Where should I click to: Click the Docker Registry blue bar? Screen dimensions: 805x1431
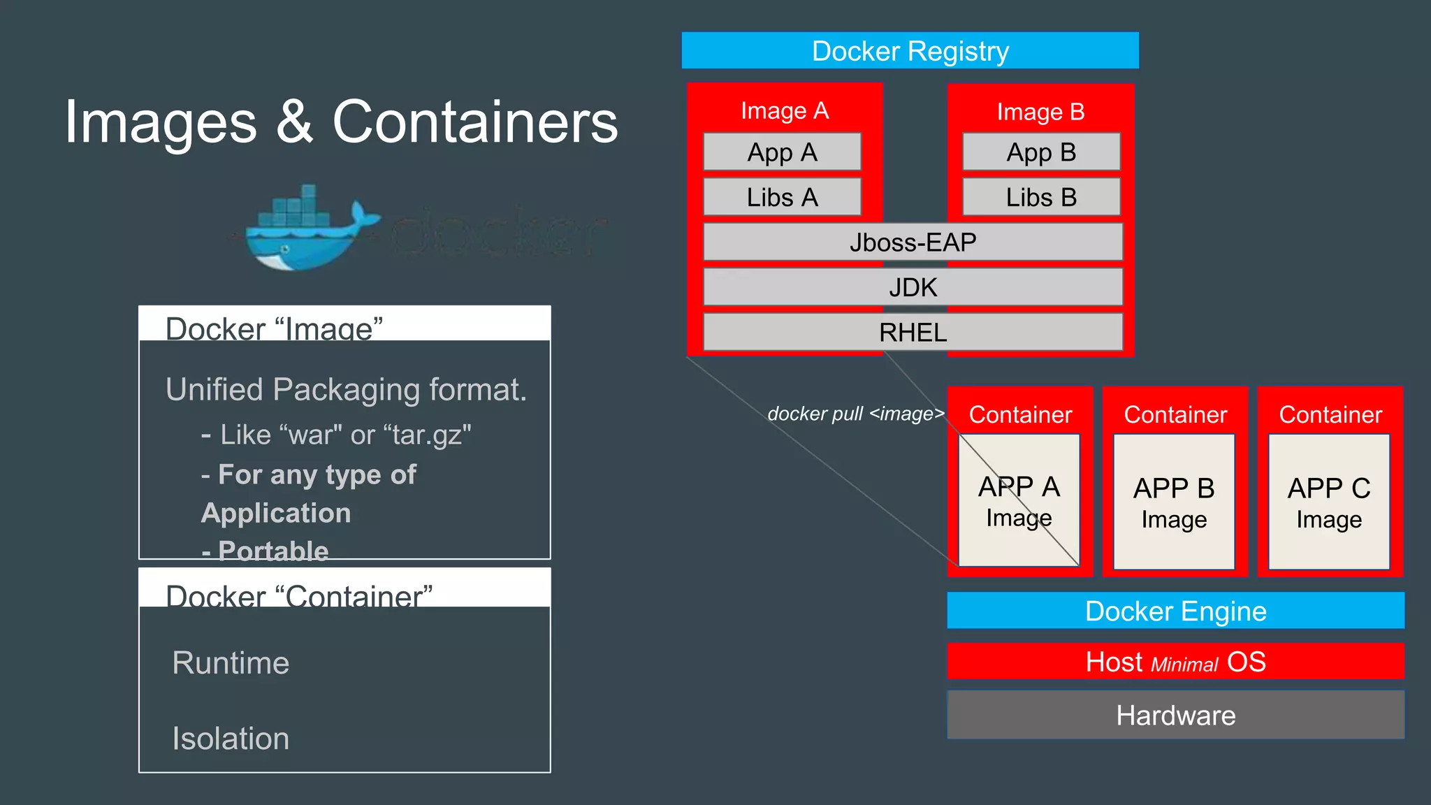(910, 50)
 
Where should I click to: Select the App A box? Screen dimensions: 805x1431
(782, 152)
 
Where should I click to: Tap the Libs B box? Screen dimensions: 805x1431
(1041, 197)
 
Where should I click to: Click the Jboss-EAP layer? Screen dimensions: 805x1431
(913, 242)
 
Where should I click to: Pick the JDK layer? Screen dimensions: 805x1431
(913, 287)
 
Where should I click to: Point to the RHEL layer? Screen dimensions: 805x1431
(913, 332)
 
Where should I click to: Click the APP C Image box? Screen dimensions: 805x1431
(1329, 502)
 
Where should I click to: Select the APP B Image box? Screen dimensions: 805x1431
(1174, 502)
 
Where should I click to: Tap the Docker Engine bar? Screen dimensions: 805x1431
(1175, 611)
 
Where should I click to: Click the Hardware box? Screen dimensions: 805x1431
(1175, 715)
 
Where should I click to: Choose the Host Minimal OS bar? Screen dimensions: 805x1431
(1175, 661)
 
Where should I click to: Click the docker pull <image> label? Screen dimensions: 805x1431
(855, 414)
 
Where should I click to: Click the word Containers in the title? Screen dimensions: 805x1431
(475, 122)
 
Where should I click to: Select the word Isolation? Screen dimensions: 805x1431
(231, 739)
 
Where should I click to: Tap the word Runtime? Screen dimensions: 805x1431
(231, 662)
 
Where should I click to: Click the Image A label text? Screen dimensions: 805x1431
(784, 110)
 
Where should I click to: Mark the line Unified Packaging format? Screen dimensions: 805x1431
(346, 389)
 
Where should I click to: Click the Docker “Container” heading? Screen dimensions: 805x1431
(299, 595)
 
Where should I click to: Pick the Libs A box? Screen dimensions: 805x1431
(782, 197)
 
